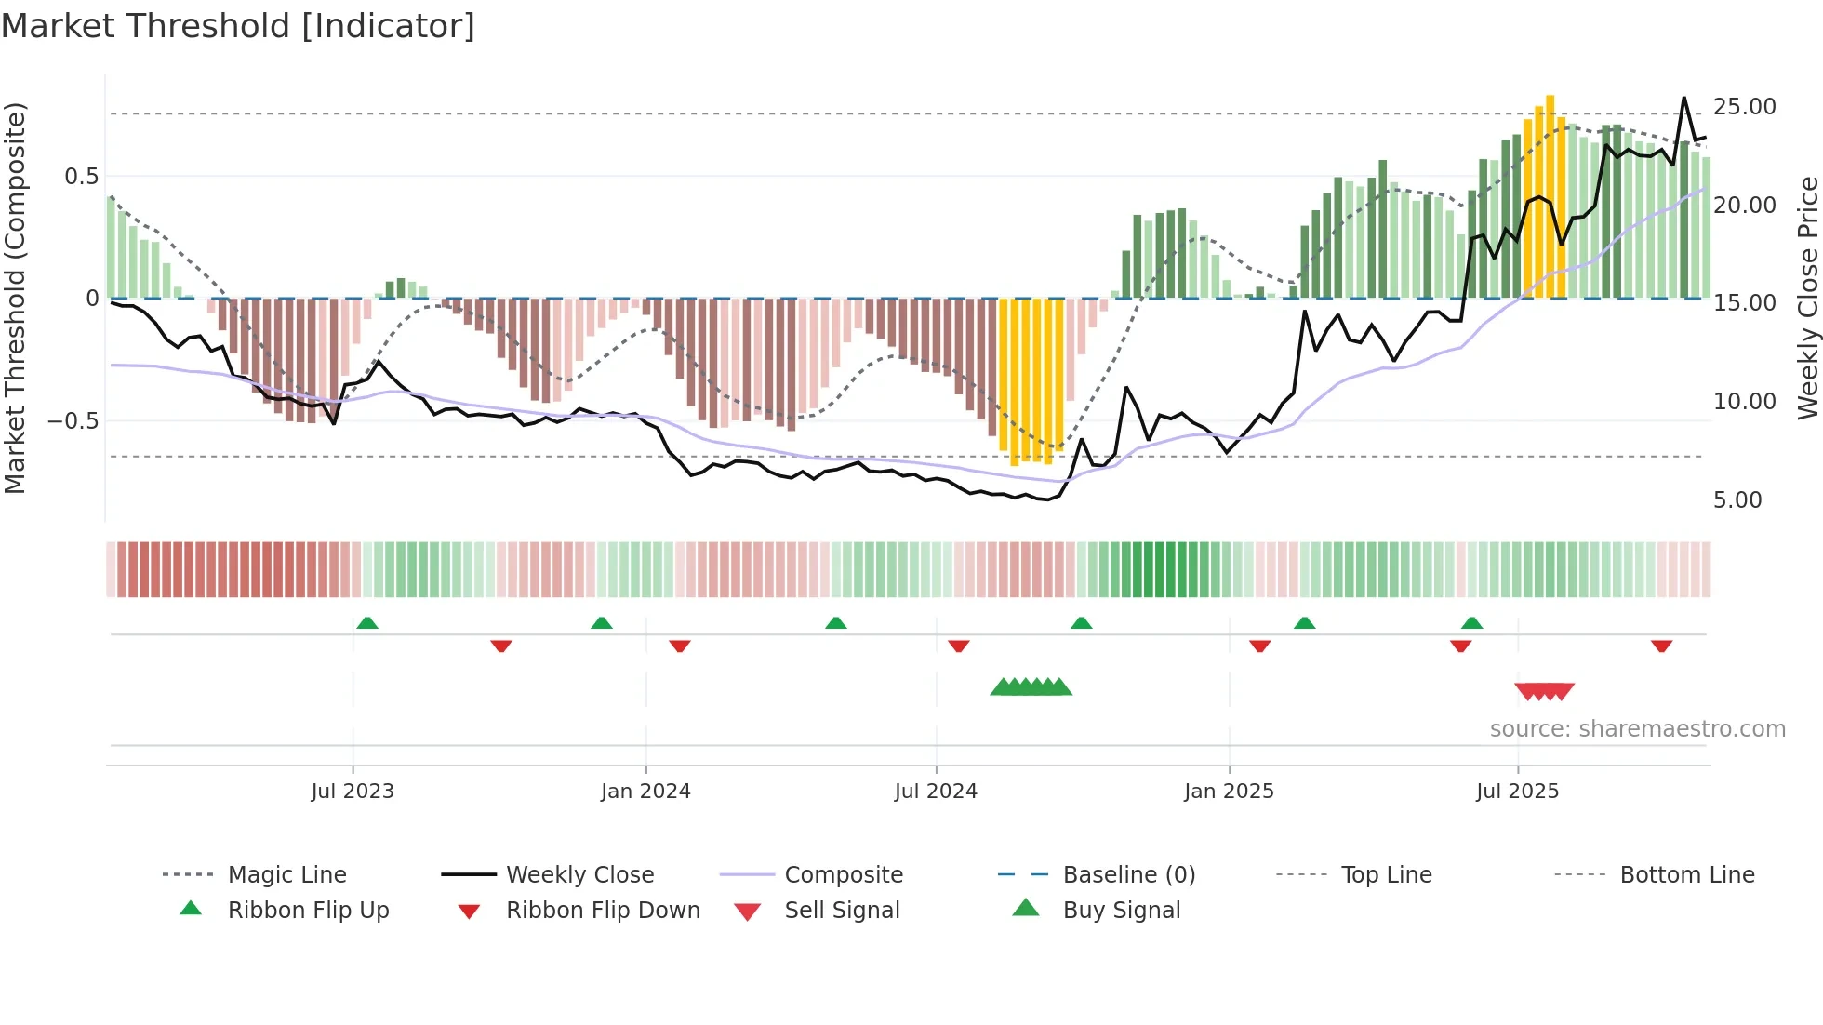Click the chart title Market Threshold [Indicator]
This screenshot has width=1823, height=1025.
(238, 26)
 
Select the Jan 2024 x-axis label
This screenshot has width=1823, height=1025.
(645, 791)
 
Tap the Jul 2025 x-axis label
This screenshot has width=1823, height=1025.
(1517, 791)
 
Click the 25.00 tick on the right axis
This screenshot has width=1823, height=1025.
(1744, 106)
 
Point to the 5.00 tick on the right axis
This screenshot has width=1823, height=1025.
(1737, 499)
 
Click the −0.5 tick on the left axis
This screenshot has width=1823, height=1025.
(73, 420)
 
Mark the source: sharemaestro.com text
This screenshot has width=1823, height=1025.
(1637, 728)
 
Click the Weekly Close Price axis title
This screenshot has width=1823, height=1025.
(1807, 298)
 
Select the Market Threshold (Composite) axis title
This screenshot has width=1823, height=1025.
(15, 298)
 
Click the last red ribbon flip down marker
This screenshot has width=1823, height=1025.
(1661, 646)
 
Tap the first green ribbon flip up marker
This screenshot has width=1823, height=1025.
(367, 622)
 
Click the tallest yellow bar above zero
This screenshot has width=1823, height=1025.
(1550, 195)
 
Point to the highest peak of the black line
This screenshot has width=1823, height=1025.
(1683, 98)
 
